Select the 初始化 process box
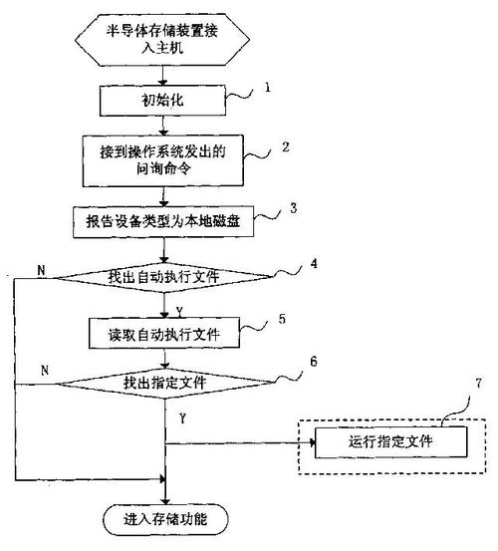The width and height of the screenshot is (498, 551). pyautogui.click(x=163, y=101)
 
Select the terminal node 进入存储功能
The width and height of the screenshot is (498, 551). pyautogui.click(x=166, y=519)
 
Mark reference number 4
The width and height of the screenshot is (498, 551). pyautogui.click(x=313, y=264)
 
